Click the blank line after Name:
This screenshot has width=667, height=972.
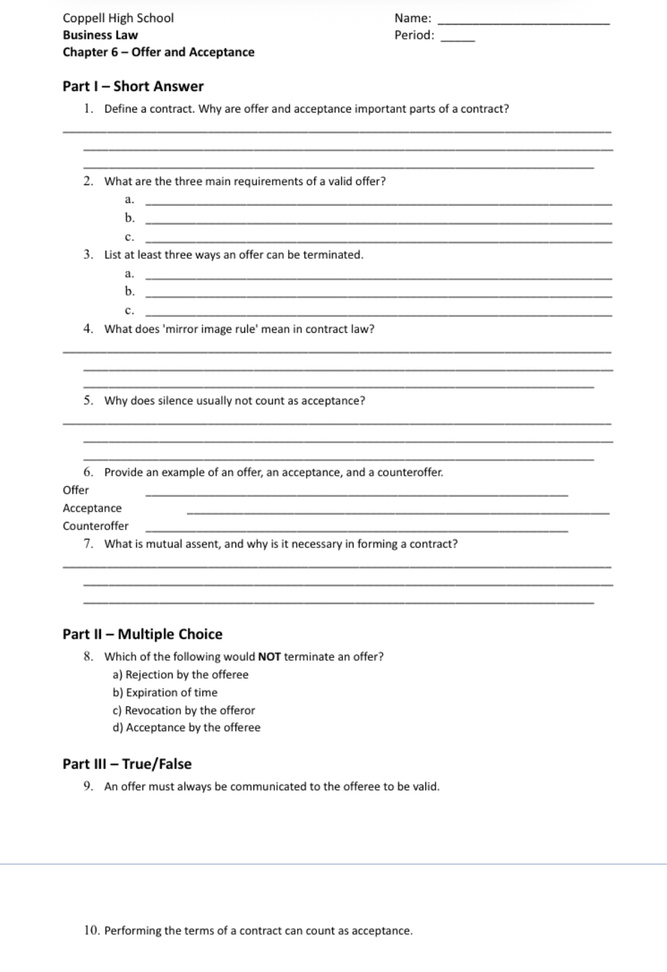tap(523, 23)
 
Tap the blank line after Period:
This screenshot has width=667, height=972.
tap(457, 40)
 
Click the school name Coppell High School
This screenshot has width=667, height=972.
tap(118, 18)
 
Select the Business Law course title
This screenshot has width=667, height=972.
tap(100, 35)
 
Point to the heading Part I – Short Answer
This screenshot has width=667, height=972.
tap(133, 86)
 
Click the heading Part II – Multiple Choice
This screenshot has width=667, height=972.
tap(142, 634)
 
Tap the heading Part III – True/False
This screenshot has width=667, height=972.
tap(127, 764)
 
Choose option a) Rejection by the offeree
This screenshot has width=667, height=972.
tap(180, 674)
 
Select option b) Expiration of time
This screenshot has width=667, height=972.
tap(165, 692)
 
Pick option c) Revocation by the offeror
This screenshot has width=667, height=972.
tap(184, 710)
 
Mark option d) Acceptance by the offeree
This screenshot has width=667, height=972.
tap(186, 728)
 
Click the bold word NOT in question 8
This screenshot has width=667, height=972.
tap(269, 657)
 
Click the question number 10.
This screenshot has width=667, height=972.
tap(92, 931)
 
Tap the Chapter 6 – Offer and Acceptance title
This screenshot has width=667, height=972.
tap(158, 52)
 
